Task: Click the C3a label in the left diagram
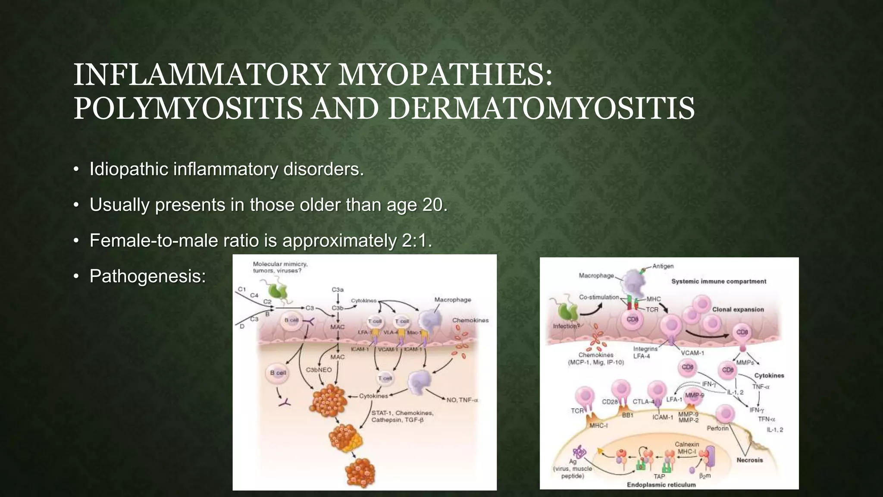tap(338, 290)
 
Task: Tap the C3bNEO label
tap(319, 370)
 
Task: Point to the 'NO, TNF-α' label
tap(462, 400)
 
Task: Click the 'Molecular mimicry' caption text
tap(280, 264)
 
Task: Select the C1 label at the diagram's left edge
tap(242, 289)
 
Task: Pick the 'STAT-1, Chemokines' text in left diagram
tap(402, 413)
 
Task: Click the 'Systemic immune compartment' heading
tap(719, 281)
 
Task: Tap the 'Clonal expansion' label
tap(738, 309)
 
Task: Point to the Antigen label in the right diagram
tap(663, 266)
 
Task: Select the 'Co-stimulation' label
tap(599, 297)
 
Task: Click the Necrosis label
tap(749, 460)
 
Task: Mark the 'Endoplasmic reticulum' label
tap(661, 484)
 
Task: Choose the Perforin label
tap(717, 428)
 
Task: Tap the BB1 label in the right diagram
tap(627, 415)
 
